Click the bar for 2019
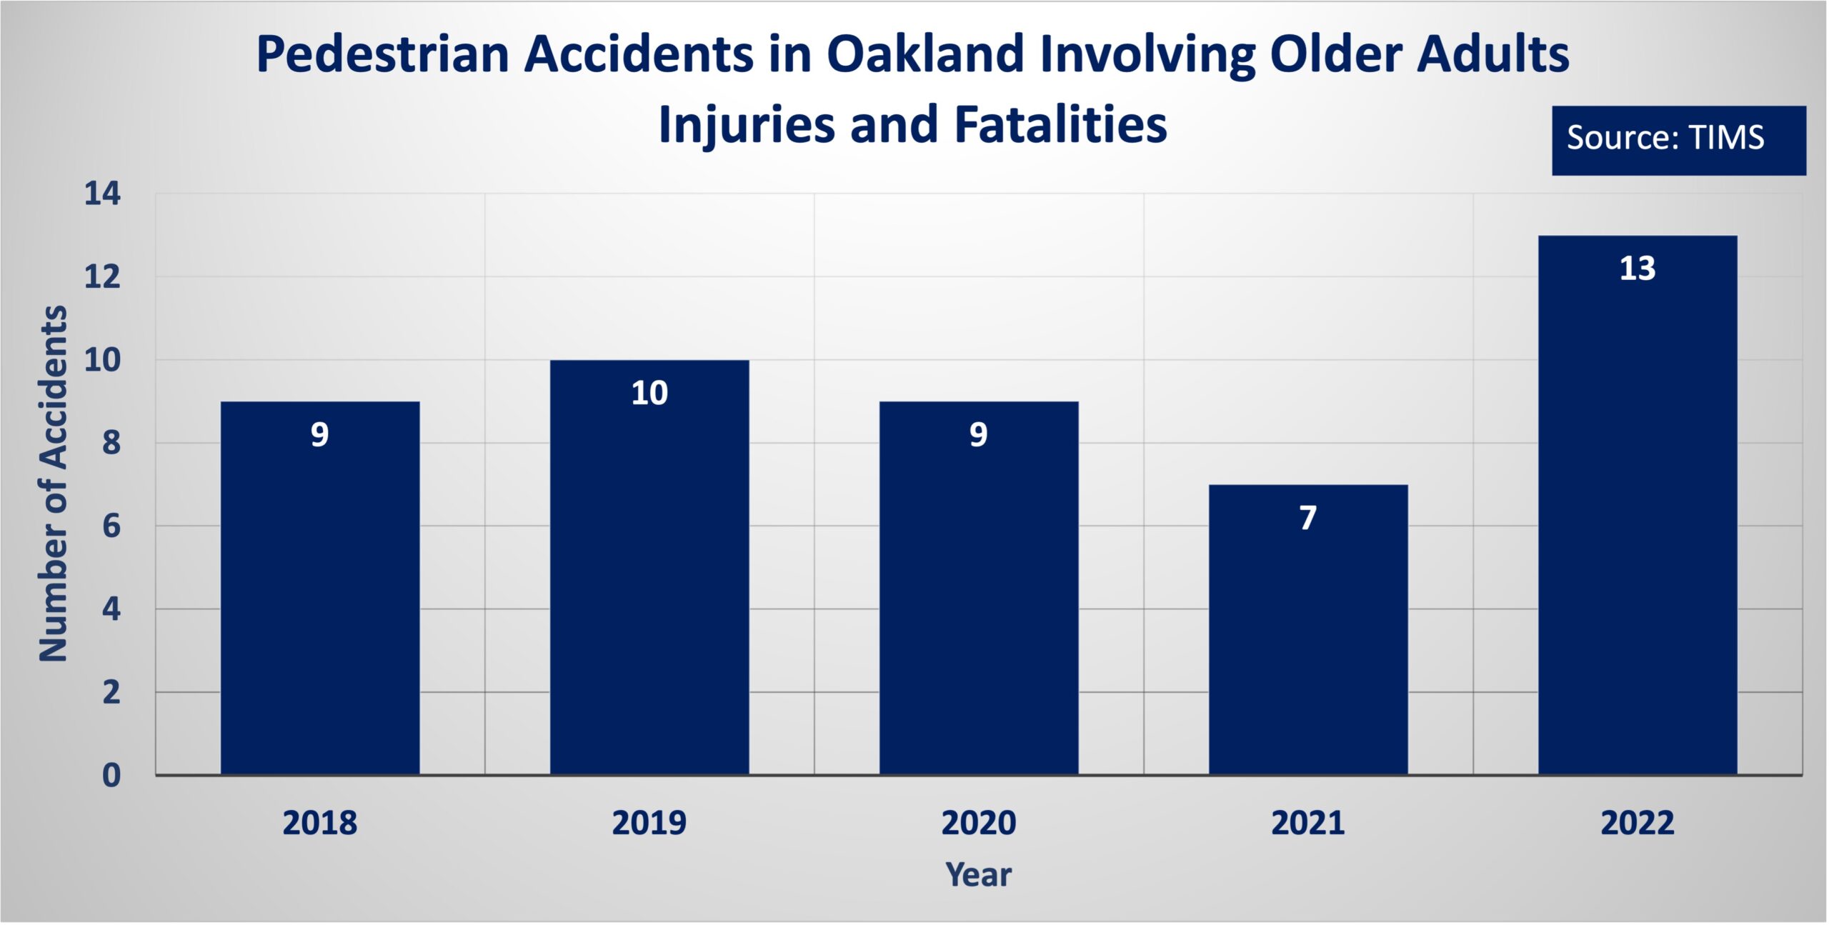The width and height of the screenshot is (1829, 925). click(x=649, y=567)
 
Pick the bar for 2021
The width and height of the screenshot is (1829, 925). click(x=1308, y=629)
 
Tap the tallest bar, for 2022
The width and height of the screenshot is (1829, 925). click(x=1638, y=505)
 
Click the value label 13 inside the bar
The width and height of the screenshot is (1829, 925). click(x=1638, y=269)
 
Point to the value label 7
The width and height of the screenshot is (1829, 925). click(x=1308, y=518)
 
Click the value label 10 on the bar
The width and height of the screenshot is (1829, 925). click(x=649, y=393)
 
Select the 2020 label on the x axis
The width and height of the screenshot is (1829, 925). click(x=979, y=823)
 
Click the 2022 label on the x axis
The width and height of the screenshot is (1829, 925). click(x=1638, y=823)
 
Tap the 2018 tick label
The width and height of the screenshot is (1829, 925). click(x=320, y=823)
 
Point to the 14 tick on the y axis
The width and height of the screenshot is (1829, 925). click(x=103, y=194)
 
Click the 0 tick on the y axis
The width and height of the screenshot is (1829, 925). click(x=111, y=775)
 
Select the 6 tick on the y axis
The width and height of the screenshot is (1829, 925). click(x=111, y=526)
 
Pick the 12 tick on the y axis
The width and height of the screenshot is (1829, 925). click(x=103, y=277)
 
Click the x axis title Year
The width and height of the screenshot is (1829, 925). click(x=979, y=875)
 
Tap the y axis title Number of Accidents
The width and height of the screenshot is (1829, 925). click(x=53, y=484)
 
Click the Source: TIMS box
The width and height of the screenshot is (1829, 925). click(x=1679, y=141)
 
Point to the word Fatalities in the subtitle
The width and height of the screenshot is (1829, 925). click(x=1061, y=124)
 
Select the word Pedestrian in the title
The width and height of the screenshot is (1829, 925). click(x=383, y=54)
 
